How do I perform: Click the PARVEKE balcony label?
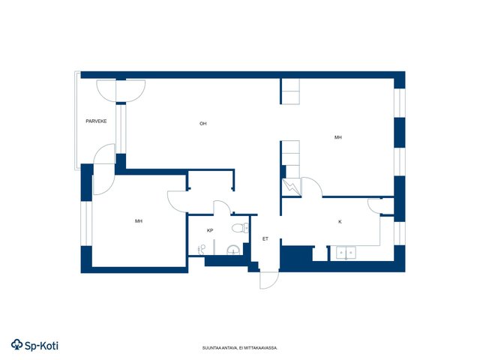point(96,121)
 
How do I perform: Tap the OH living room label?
point(203,124)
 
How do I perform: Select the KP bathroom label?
point(210,230)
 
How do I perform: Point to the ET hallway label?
point(265,238)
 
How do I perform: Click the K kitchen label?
point(340,222)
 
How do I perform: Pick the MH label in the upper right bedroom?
point(338,137)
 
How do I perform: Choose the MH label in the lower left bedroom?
point(139,221)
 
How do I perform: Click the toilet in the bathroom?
point(240,228)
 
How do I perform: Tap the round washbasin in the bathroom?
point(233,250)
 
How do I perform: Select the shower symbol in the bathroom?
point(202,250)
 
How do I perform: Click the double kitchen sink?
point(346,253)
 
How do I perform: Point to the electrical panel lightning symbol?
point(291,187)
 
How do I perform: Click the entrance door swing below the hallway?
point(269,280)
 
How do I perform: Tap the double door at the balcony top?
point(121,91)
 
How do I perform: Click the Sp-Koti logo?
point(34,345)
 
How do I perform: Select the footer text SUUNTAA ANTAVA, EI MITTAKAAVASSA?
point(240,348)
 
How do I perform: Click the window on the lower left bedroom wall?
point(86,223)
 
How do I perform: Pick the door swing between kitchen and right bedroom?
point(312,187)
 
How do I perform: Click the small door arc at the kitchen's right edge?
point(374,206)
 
